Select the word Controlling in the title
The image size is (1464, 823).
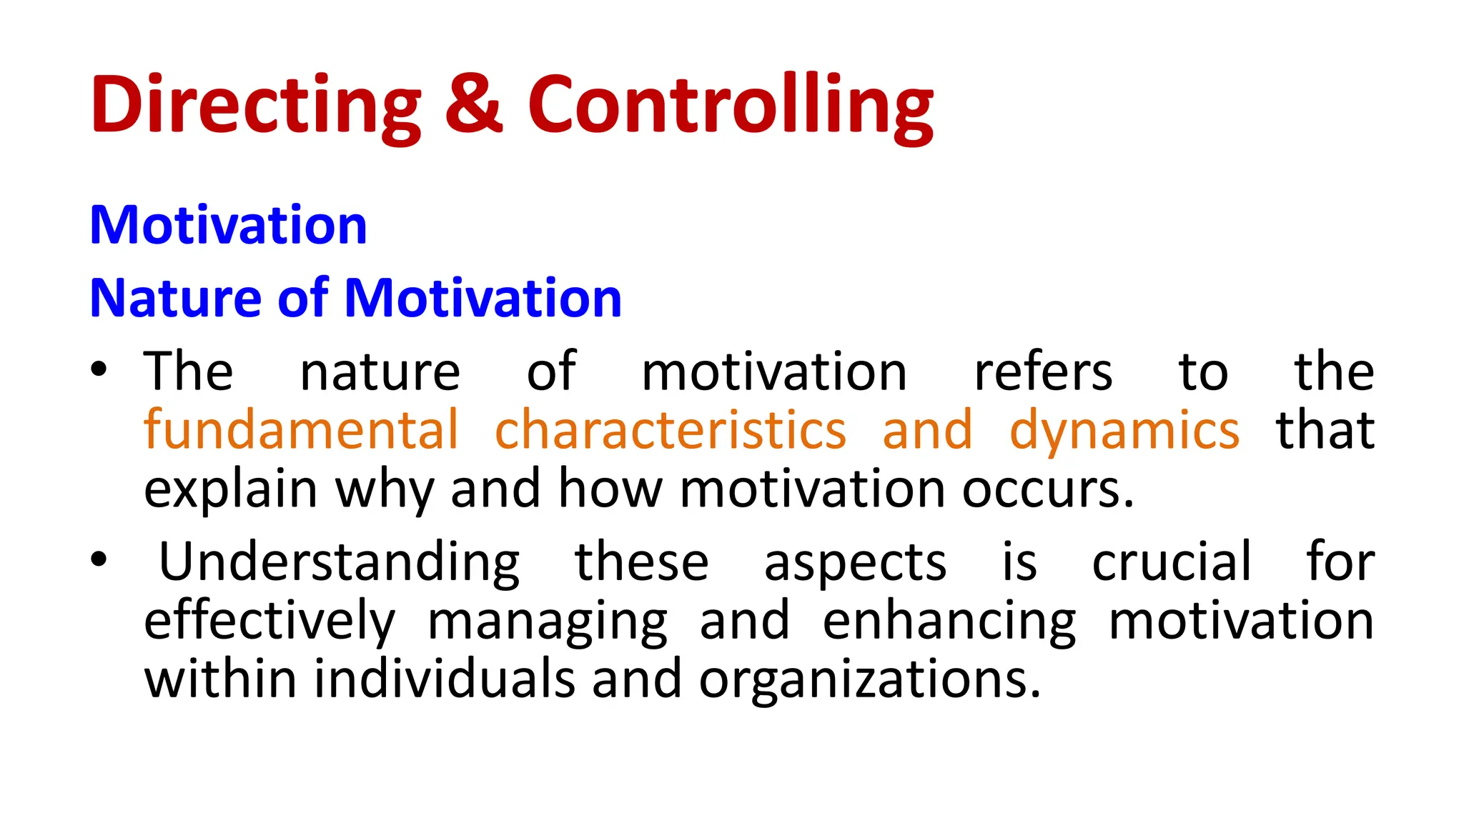pyautogui.click(x=730, y=105)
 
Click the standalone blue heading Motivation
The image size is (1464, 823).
pyautogui.click(x=228, y=226)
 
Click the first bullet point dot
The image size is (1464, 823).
pyautogui.click(x=99, y=370)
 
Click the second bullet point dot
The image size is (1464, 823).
pyautogui.click(x=99, y=559)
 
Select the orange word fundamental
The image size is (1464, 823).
pyautogui.click(x=300, y=430)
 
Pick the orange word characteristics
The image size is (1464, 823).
pyautogui.click(x=671, y=430)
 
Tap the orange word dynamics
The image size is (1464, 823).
pyautogui.click(x=1124, y=430)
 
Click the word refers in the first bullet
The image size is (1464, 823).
pyautogui.click(x=1043, y=371)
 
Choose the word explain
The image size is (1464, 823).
pyautogui.click(x=230, y=490)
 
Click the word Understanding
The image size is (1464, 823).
pyautogui.click(x=339, y=562)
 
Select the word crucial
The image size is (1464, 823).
pyautogui.click(x=1172, y=562)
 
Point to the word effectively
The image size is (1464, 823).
pyautogui.click(x=269, y=621)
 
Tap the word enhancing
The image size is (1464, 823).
pyautogui.click(x=949, y=621)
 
